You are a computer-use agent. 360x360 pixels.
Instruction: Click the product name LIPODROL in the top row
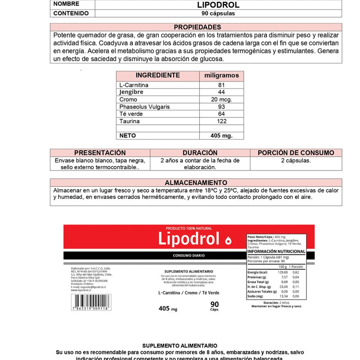coord(218,5)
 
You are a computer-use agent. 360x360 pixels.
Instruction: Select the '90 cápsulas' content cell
coord(218,13)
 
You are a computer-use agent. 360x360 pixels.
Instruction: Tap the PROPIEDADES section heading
coord(197,27)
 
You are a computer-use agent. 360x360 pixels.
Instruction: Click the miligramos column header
coord(221,75)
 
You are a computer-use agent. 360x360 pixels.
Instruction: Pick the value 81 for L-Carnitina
coord(221,85)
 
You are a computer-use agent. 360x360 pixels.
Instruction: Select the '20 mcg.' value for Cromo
coord(221,99)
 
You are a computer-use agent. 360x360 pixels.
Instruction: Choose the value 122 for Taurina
coord(221,121)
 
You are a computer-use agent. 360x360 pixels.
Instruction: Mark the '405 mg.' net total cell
coord(221,135)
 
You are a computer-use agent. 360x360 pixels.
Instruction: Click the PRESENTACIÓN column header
coord(100,153)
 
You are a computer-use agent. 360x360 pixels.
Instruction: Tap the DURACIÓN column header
coord(200,153)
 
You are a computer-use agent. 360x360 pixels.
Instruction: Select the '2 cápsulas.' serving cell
coord(296,160)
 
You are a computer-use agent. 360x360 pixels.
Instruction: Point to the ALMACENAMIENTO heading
coord(196,183)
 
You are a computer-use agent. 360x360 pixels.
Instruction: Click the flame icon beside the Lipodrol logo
coord(228,240)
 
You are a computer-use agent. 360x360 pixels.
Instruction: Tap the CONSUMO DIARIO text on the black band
coord(189,255)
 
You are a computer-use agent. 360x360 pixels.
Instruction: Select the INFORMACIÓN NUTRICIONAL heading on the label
coord(276,252)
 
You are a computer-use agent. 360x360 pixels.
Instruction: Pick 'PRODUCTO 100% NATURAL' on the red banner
coord(189,229)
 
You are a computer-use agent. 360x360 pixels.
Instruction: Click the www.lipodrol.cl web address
coord(81,290)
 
